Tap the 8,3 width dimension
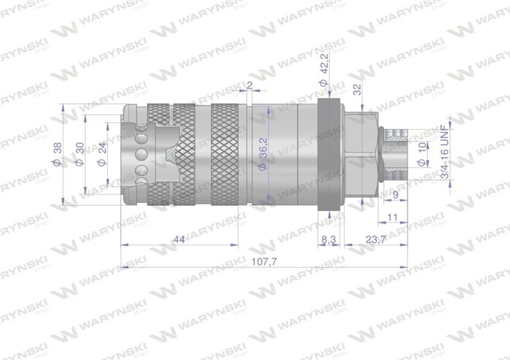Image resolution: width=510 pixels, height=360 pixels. (x=328, y=239)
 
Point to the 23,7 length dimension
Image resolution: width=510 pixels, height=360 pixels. (x=373, y=239)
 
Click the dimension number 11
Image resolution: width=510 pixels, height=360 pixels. (x=393, y=216)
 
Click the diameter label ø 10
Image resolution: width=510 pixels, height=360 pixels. (x=423, y=153)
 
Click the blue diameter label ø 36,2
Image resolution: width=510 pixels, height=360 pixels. (x=264, y=154)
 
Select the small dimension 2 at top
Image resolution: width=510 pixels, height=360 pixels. (x=249, y=86)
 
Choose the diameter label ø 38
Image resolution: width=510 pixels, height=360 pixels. (x=57, y=153)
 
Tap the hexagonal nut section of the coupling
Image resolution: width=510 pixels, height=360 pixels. (x=360, y=153)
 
